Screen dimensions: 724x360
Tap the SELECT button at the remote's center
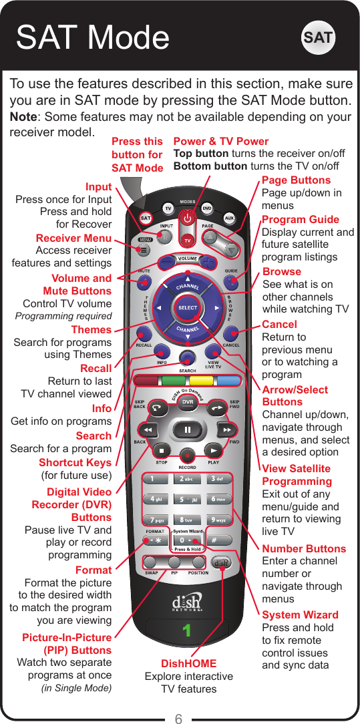pyautogui.click(x=188, y=307)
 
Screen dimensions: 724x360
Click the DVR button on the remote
pyautogui.click(x=188, y=401)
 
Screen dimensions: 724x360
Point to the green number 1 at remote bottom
pyautogui.click(x=188, y=629)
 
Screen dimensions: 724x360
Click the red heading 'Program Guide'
pyautogui.click(x=301, y=220)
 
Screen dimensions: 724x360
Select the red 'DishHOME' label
pyautogui.click(x=189, y=663)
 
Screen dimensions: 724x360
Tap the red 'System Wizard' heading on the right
pyautogui.click(x=300, y=614)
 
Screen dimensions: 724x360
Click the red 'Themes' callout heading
pyautogui.click(x=92, y=330)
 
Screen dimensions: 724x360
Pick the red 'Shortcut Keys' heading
pyautogui.click(x=75, y=462)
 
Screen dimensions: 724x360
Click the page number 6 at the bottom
pyautogui.click(x=179, y=719)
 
